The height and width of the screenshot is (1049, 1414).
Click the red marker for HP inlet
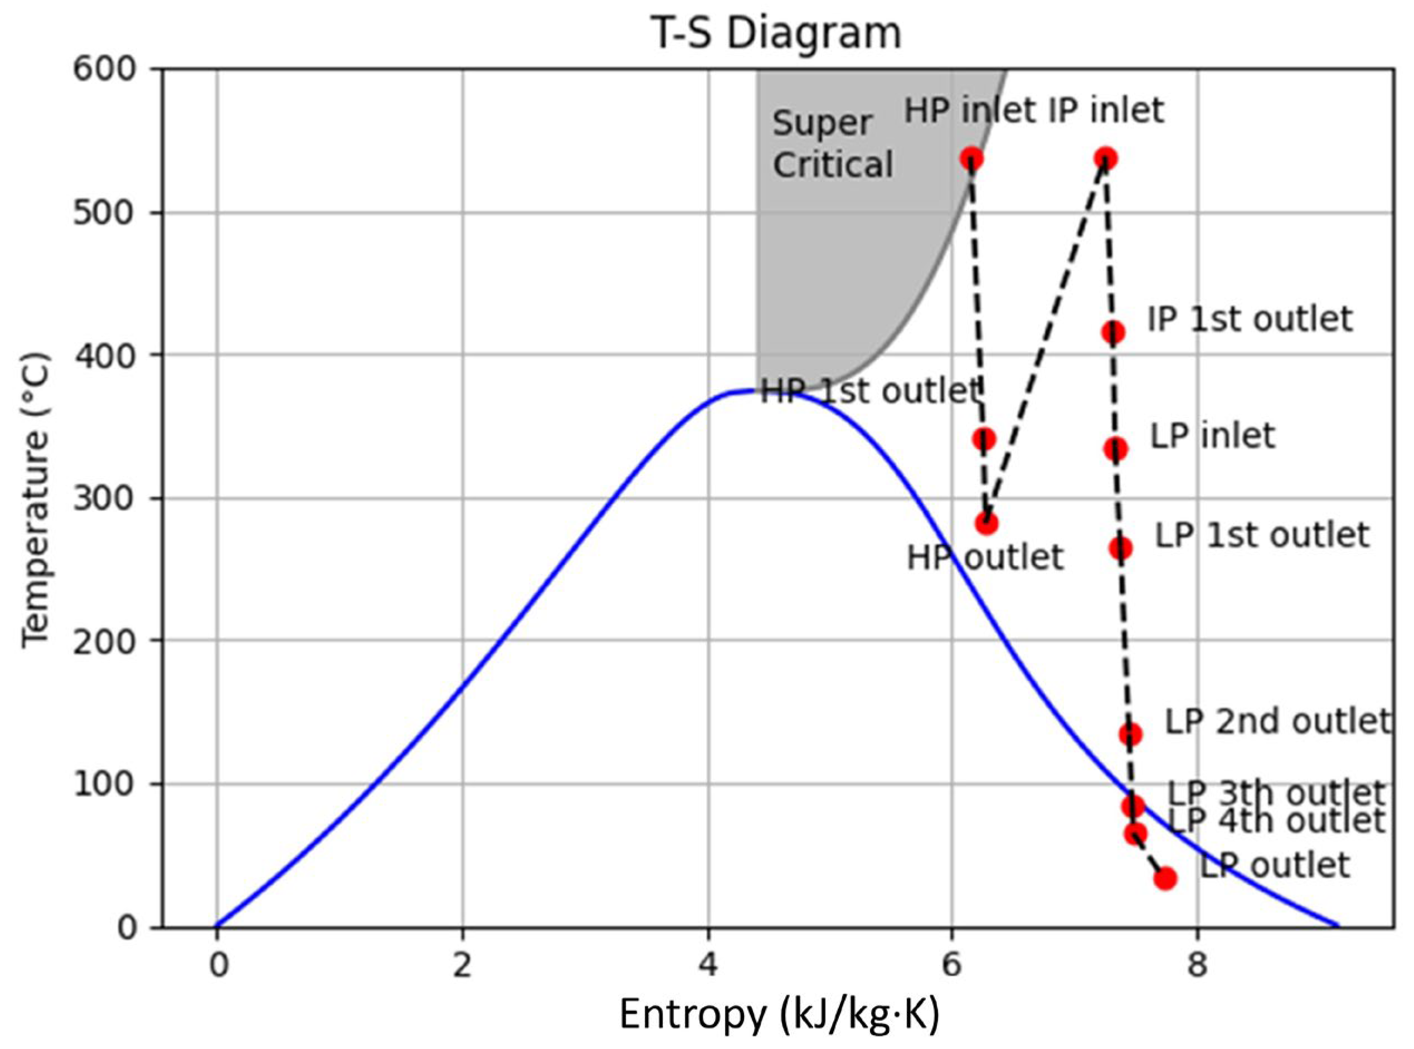(971, 158)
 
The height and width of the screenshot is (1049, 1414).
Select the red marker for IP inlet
(1105, 158)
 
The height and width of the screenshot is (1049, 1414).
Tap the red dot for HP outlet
(986, 523)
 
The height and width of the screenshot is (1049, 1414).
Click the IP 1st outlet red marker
(1113, 332)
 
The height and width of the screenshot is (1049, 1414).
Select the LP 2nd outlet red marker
(1130, 735)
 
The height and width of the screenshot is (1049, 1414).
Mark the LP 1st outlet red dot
(1120, 548)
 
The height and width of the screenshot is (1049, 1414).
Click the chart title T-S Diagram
(776, 33)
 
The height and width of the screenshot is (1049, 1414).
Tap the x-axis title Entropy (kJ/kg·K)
(779, 1014)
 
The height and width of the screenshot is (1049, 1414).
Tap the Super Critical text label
(832, 144)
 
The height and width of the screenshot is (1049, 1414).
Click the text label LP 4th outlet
(1276, 820)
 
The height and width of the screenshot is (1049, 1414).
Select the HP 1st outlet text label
(870, 392)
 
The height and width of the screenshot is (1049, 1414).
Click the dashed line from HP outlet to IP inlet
(1046, 341)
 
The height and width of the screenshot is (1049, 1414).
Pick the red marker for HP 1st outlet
(984, 439)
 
